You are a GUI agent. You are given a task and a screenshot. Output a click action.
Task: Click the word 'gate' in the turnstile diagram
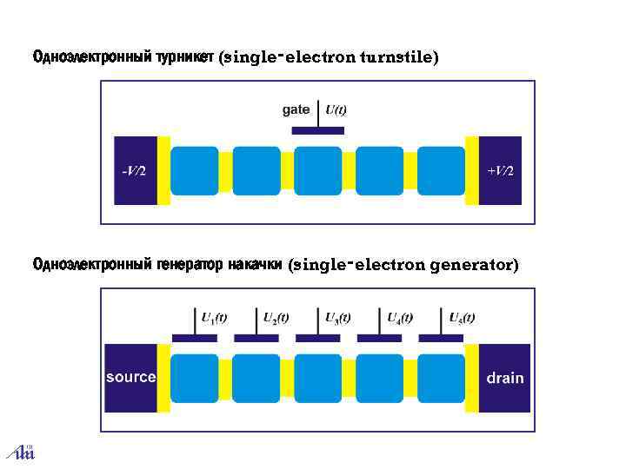[x=296, y=109]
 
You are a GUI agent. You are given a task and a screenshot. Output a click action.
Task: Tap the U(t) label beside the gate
[x=336, y=109]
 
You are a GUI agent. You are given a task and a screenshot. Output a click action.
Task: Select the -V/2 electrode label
[x=133, y=170]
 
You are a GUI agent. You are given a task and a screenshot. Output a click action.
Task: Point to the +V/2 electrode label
[x=500, y=170]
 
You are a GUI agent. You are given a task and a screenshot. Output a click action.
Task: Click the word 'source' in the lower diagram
[x=130, y=377]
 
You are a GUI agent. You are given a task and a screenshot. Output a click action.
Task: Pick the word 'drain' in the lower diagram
[x=504, y=378]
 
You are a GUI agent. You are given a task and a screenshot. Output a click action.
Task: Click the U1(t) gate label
[x=214, y=318]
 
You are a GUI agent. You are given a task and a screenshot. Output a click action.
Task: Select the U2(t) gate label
[x=276, y=318]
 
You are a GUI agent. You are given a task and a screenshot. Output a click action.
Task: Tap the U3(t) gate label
[x=337, y=318]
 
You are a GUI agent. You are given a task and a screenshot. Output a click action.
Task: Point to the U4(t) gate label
[x=399, y=318]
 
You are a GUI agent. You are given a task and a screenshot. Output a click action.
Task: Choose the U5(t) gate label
[x=461, y=318]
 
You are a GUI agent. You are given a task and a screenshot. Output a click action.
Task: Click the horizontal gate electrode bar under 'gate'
[x=317, y=130]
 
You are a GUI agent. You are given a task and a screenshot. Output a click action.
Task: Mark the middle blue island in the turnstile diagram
[x=318, y=170]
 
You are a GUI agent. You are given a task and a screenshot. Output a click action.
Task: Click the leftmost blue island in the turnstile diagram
[x=195, y=170]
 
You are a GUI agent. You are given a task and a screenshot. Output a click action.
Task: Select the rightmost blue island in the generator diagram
[x=442, y=377]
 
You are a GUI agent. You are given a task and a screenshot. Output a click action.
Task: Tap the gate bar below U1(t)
[x=195, y=338]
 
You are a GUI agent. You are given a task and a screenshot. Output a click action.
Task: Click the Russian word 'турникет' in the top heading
[x=185, y=57]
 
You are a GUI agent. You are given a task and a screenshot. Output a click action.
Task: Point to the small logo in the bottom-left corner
[x=20, y=452]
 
